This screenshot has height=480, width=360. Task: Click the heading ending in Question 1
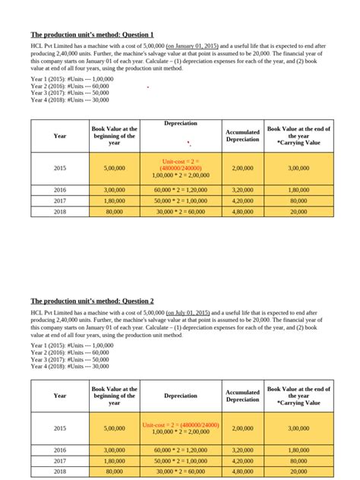(92, 35)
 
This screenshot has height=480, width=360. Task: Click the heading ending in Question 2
(92, 301)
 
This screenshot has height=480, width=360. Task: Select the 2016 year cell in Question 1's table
(60, 190)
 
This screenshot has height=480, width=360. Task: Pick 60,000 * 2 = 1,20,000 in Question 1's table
(180, 190)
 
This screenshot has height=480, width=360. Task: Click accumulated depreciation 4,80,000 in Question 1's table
(243, 213)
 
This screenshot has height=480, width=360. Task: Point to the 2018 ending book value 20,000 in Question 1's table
(298, 213)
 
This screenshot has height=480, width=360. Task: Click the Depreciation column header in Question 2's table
(180, 395)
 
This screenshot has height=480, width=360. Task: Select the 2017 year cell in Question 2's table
(60, 460)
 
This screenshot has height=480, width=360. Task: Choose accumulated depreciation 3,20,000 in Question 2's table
(243, 450)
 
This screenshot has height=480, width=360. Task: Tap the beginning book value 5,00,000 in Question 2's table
(114, 428)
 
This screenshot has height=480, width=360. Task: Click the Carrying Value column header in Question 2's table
(298, 395)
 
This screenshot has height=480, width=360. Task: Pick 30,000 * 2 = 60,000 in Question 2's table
(180, 471)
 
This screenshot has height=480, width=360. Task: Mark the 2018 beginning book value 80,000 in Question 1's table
(114, 213)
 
